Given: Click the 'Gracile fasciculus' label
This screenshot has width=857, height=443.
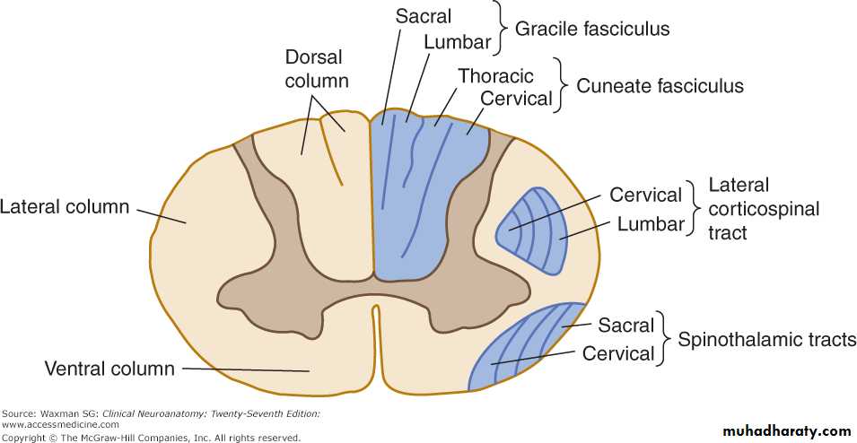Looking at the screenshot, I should tap(591, 29).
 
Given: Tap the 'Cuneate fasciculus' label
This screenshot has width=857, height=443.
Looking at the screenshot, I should tap(660, 86).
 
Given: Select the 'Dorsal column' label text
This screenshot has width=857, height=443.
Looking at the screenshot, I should tap(314, 69).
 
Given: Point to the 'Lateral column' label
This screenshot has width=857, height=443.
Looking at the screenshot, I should tap(65, 207).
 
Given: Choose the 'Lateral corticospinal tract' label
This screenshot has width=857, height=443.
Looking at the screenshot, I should tap(764, 208).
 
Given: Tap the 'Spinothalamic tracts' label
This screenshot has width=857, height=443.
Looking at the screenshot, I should tap(766, 340).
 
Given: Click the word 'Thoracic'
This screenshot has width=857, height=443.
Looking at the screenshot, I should tap(495, 76).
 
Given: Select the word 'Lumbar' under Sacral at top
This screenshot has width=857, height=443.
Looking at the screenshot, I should tap(457, 42).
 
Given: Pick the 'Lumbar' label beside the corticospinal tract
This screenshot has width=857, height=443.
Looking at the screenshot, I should tap(651, 224).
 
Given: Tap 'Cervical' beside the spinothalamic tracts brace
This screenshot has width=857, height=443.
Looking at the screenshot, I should tap(618, 353).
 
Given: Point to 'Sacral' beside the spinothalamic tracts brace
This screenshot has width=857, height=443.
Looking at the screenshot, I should tap(627, 325).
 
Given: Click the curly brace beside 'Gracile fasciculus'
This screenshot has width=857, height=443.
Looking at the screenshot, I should tap(497, 27).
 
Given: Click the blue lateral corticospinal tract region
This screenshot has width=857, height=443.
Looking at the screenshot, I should tap(534, 231).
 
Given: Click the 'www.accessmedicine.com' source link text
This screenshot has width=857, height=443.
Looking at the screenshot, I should tap(60, 424).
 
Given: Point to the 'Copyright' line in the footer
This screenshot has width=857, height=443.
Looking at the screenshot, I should tap(151, 438).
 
